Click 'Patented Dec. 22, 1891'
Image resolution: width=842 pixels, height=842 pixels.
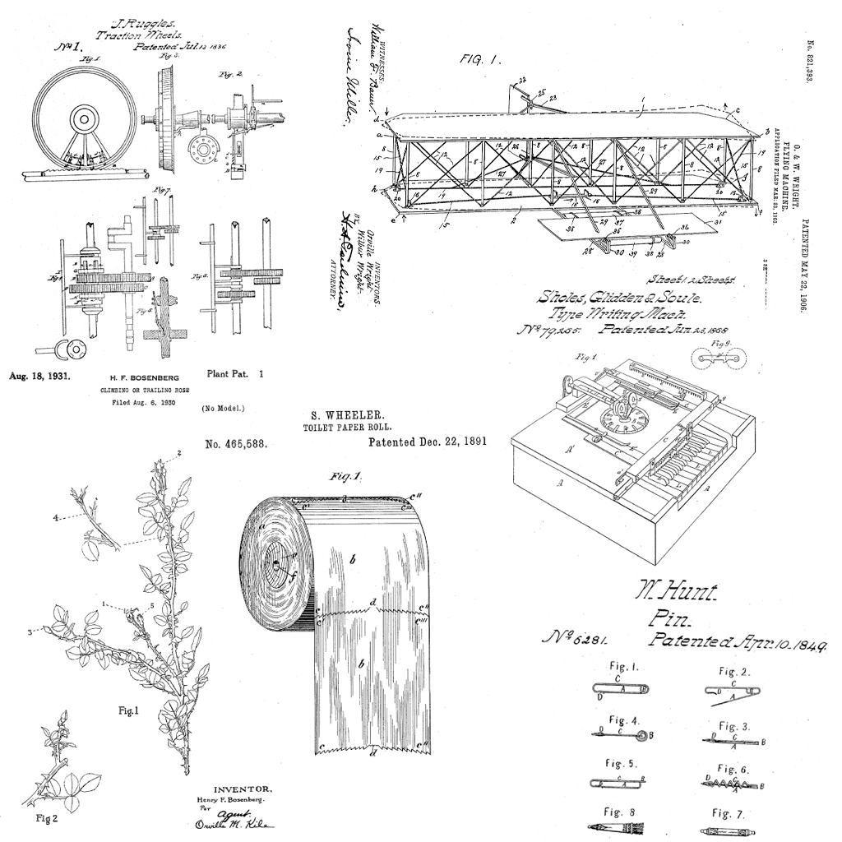428,442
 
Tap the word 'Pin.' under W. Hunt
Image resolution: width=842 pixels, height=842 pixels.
669,618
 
